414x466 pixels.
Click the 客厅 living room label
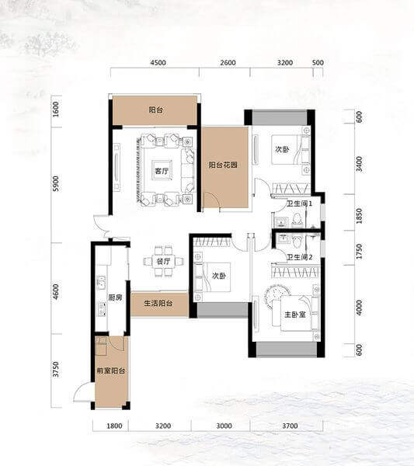coord(162,171)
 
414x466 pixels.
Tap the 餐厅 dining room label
coord(163,261)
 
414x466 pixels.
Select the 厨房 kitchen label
coord(115,297)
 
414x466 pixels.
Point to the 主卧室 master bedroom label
coord(295,315)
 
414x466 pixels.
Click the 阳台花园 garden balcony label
coord(223,165)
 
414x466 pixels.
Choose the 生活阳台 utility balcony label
coord(158,304)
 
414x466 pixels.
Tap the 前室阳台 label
coord(111,370)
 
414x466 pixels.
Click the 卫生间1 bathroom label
coord(299,203)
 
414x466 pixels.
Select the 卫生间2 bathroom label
coord(299,257)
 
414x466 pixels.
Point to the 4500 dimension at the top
coord(158,63)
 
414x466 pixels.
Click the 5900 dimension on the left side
coord(56,184)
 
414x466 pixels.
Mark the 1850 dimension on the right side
coord(360,215)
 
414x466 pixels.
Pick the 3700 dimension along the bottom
coord(290,426)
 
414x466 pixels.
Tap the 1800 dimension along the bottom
coord(114,426)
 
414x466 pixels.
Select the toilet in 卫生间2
coord(296,242)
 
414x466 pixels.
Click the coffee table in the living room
coord(162,170)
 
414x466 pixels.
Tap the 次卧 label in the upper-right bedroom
coord(282,149)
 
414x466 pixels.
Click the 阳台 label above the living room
coord(156,110)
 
